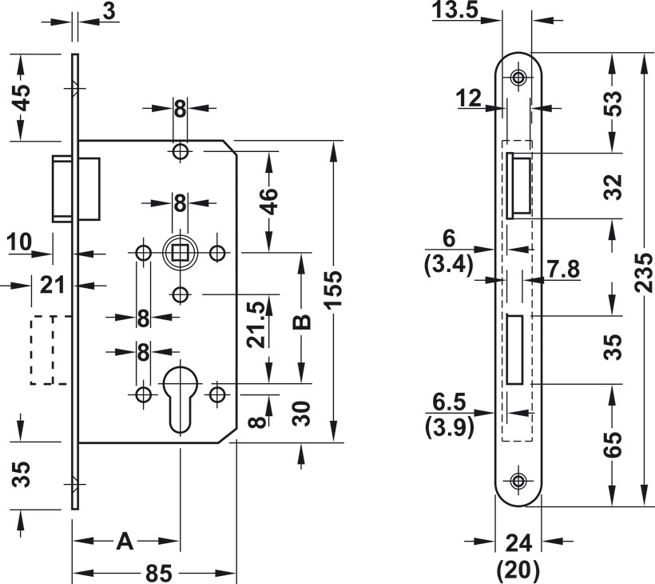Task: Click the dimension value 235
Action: (x=645, y=274)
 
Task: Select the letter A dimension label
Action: (x=125, y=542)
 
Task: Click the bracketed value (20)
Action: (x=518, y=570)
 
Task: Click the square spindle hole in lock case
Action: (x=180, y=254)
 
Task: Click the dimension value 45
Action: (x=23, y=97)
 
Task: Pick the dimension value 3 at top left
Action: (x=109, y=10)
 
